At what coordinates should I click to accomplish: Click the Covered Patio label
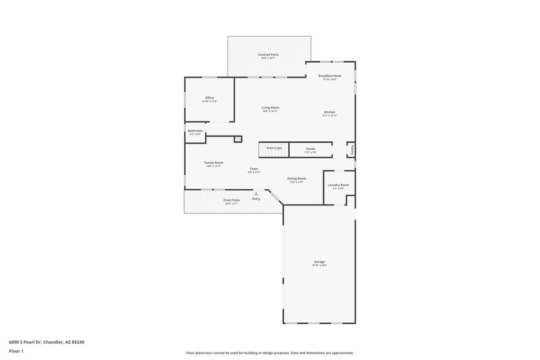(x=268, y=55)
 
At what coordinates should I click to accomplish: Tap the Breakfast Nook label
(x=330, y=76)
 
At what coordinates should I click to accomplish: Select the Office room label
(x=209, y=98)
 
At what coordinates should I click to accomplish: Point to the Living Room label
(x=271, y=108)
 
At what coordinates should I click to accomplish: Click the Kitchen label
(x=329, y=112)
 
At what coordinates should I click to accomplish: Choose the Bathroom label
(x=195, y=131)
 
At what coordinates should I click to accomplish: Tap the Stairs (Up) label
(x=274, y=147)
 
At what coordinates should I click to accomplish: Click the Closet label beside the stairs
(x=310, y=149)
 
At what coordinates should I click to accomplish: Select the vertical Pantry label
(x=352, y=149)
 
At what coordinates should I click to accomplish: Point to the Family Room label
(x=214, y=163)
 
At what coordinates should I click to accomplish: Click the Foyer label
(x=254, y=169)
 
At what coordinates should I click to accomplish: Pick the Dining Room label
(x=297, y=179)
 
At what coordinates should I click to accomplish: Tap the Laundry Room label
(x=338, y=185)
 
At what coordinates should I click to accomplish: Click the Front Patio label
(x=232, y=200)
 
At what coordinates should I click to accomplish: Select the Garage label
(x=319, y=262)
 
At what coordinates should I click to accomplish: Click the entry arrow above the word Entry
(x=256, y=193)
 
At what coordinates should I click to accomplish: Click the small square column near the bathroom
(x=238, y=139)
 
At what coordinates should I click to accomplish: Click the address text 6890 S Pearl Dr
(x=47, y=342)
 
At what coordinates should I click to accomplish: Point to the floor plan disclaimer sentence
(x=270, y=353)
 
